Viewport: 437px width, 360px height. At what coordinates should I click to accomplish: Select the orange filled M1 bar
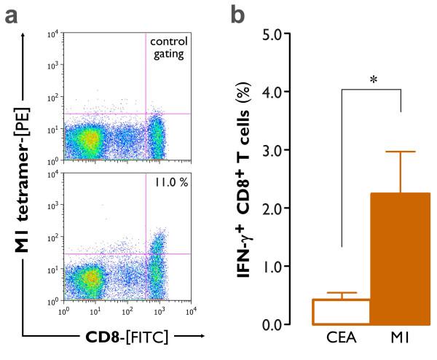(x=400, y=259)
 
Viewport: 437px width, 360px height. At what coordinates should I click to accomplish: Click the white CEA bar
(x=342, y=312)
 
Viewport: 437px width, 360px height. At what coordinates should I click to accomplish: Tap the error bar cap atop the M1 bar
(x=400, y=152)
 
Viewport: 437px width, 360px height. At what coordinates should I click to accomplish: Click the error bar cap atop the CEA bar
(x=342, y=293)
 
